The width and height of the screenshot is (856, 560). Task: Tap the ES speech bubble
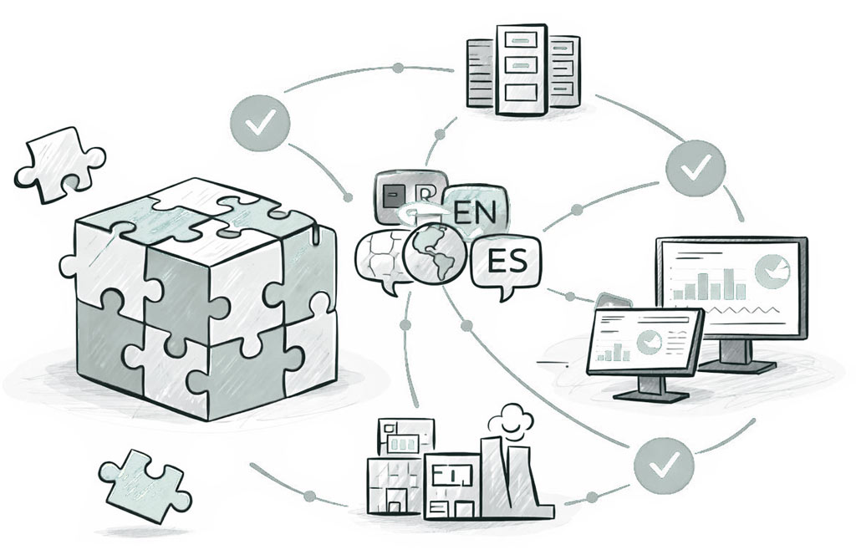506,264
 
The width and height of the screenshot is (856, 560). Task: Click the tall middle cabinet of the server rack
518,69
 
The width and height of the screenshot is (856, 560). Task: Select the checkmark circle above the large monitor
695,169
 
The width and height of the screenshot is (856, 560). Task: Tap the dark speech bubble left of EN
405,197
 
